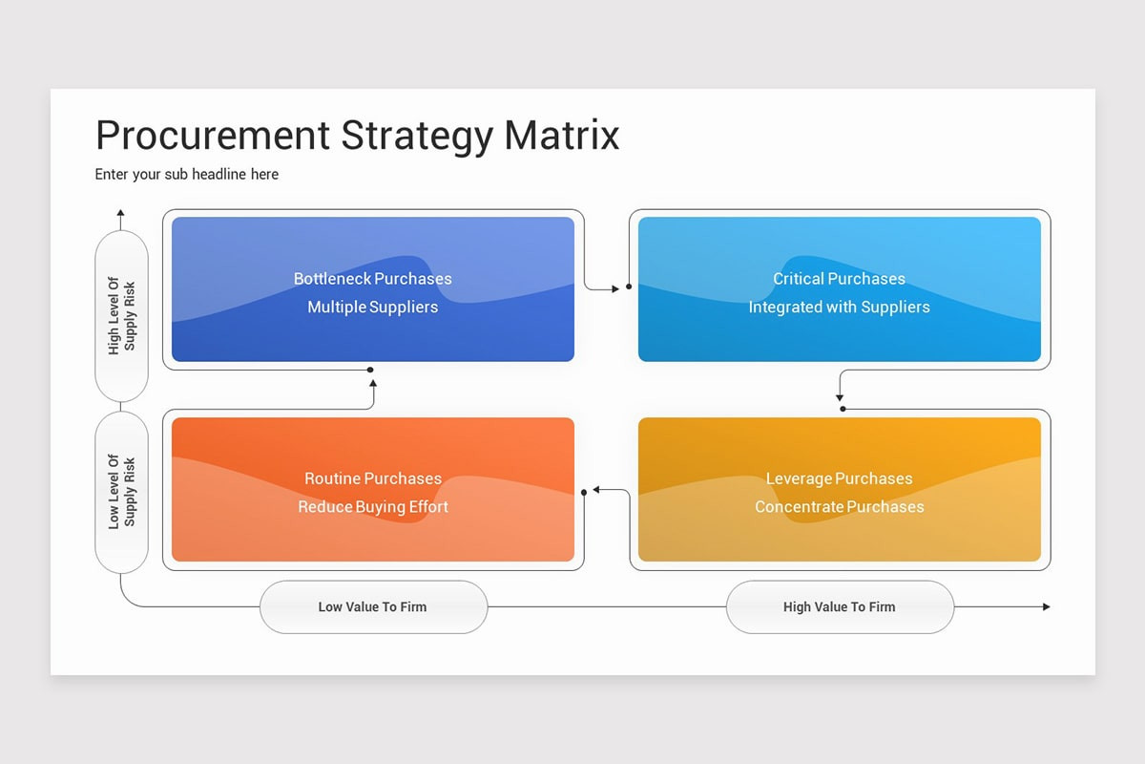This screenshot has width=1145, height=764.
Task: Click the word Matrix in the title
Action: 562,136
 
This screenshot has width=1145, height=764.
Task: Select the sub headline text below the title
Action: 187,174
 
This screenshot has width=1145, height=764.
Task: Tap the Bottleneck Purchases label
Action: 372,279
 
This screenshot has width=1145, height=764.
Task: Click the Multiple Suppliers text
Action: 372,307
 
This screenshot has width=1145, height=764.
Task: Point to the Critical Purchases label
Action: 839,279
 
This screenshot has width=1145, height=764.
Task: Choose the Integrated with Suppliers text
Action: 839,307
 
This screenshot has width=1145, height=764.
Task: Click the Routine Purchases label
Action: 372,478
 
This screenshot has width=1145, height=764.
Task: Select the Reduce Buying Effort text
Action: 372,506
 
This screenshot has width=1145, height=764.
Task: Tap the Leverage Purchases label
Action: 839,478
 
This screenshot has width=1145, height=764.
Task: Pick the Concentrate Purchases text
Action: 839,506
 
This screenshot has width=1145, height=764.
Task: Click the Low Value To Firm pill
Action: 373,606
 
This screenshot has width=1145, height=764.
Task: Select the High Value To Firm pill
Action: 840,606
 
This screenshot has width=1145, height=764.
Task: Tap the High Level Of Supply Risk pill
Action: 122,316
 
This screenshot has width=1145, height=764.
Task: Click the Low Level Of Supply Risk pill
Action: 122,491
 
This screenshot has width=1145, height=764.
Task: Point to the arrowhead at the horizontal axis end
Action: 1046,606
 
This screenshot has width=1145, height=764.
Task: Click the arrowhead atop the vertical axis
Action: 120,213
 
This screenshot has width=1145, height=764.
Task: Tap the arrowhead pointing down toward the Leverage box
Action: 840,396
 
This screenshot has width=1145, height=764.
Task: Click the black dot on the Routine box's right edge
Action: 584,492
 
